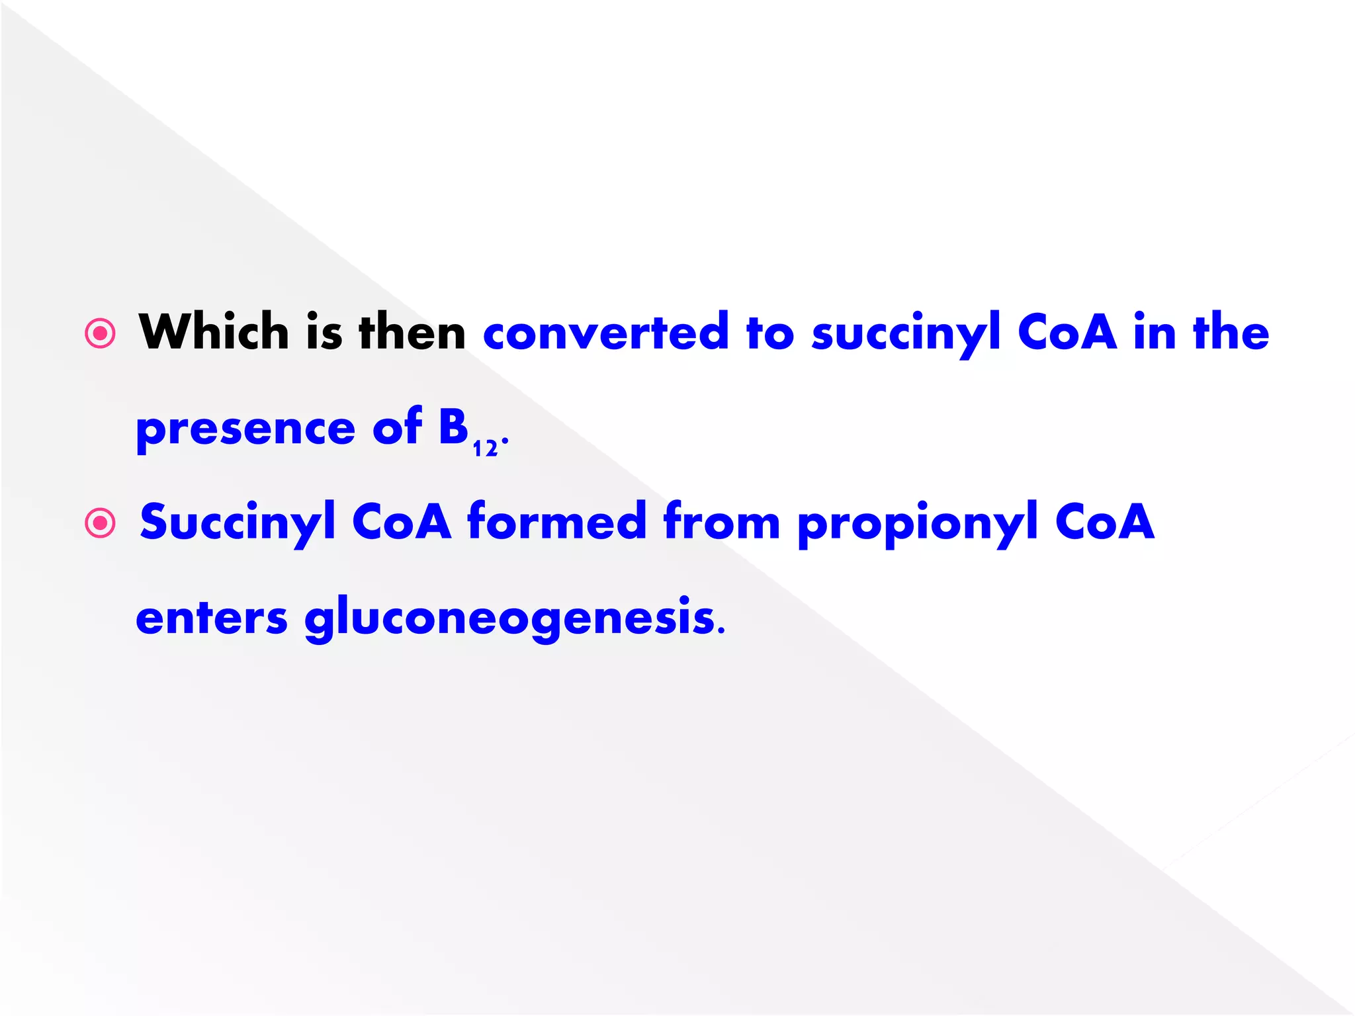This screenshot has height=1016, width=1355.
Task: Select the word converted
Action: click(605, 332)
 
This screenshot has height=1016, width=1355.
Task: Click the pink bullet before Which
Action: click(101, 333)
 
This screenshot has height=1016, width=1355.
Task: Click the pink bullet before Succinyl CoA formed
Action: click(101, 523)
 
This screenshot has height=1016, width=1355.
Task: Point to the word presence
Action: click(245, 429)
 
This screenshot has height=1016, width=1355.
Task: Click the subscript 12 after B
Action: click(485, 448)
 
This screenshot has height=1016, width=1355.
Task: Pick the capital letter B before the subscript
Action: click(454, 427)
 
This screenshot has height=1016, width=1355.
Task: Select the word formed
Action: click(556, 521)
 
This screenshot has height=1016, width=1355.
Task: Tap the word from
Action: click(722, 521)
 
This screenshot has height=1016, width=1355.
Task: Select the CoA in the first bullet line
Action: click(1067, 332)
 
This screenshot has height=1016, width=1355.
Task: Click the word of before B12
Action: click(397, 427)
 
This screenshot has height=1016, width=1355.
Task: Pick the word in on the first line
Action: click(1155, 332)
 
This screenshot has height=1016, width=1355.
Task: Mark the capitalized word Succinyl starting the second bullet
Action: click(238, 523)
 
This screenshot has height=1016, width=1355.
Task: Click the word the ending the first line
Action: click(1231, 332)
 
